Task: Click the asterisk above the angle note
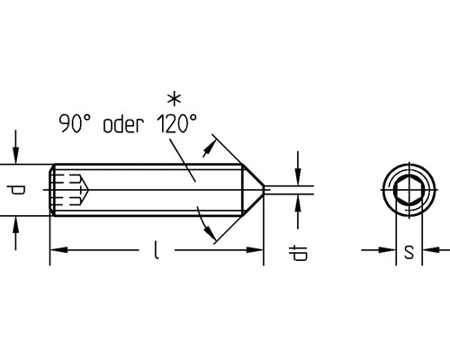pos(174,100)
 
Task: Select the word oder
pos(123,124)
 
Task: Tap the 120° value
pos(177,123)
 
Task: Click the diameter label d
pos(16,190)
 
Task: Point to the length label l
pos(156,249)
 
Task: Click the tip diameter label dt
pos(298,254)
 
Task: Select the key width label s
pos(409,251)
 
